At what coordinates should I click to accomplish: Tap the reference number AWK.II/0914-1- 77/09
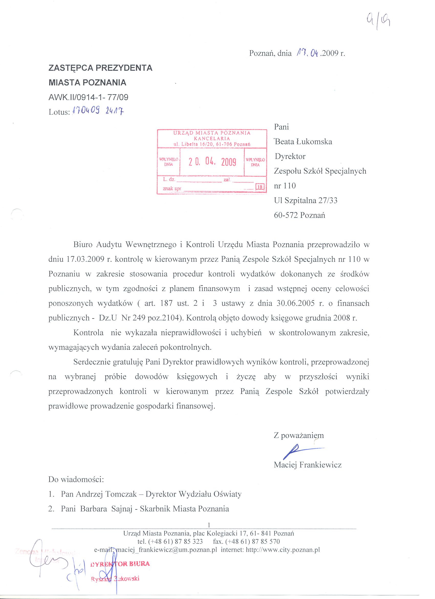point(89,98)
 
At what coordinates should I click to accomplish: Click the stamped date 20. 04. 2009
point(212,162)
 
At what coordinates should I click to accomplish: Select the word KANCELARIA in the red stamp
point(212,138)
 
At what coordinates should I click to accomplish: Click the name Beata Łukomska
point(303,142)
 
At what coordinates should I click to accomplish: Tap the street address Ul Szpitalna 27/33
point(306,201)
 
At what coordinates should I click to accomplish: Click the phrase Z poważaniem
point(299,435)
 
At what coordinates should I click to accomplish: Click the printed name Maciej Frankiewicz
point(308,465)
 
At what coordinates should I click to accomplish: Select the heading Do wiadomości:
point(76,479)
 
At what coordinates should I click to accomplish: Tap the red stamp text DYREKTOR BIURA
point(120,564)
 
